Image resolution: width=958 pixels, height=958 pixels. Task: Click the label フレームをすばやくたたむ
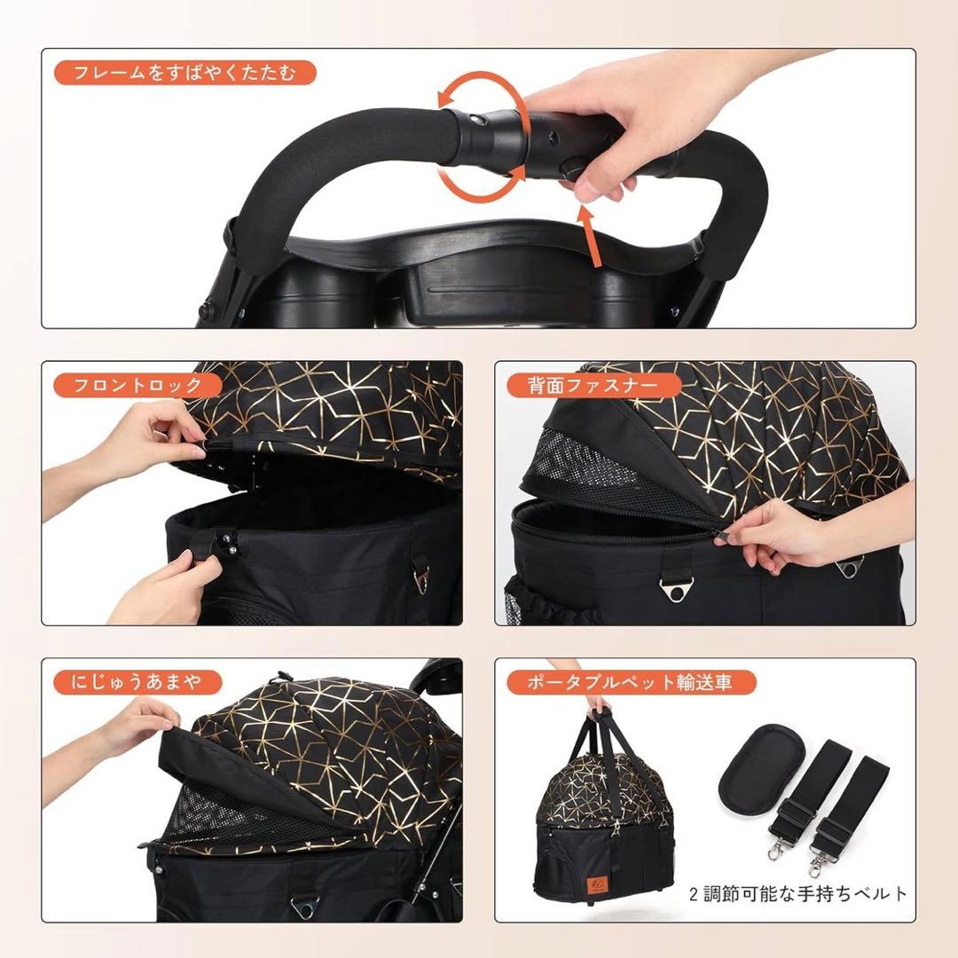[x=185, y=73]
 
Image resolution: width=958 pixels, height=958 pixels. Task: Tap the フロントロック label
[x=137, y=385]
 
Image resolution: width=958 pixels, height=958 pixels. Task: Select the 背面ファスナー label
[x=593, y=385]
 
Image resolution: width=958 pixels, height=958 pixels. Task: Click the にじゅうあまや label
[x=137, y=682]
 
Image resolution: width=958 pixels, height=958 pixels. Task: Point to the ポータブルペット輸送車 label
[x=632, y=682]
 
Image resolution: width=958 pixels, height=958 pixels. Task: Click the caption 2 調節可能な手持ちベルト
[x=798, y=894]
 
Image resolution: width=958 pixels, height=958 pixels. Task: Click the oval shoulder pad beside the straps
[x=756, y=770]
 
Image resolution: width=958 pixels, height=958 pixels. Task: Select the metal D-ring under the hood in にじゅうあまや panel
[x=303, y=907]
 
